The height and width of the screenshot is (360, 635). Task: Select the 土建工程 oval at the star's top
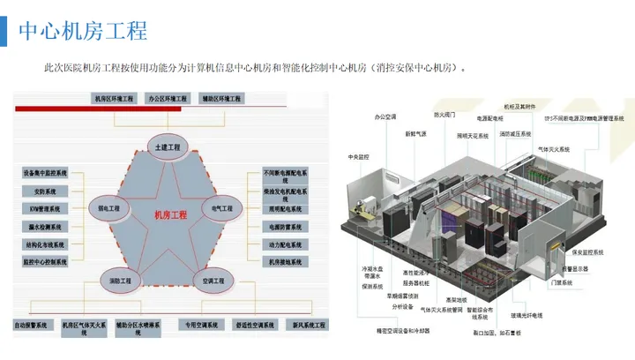pos(168,146)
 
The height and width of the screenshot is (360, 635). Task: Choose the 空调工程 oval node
pos(215,281)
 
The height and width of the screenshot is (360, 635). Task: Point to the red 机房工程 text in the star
pos(170,215)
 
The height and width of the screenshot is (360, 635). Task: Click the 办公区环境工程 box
pos(167,99)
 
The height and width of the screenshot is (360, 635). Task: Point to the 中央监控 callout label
pos(360,156)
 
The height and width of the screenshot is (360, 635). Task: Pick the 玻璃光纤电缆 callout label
pos(527,314)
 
